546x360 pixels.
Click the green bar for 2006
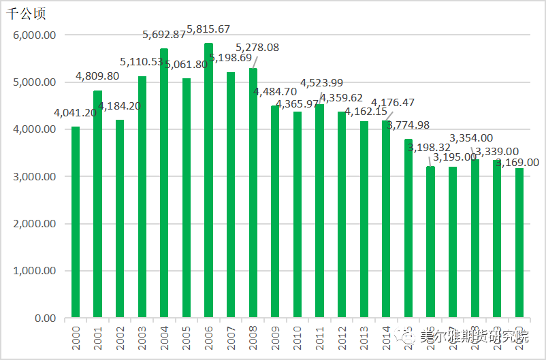tap(208, 180)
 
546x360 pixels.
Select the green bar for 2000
tap(75, 222)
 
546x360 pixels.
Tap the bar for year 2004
tap(164, 183)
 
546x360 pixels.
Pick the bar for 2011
tap(319, 211)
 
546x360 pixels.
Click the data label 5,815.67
tap(209, 29)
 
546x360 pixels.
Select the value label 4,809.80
tap(97, 76)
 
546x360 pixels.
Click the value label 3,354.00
tap(471, 137)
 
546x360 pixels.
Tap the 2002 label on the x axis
tap(120, 337)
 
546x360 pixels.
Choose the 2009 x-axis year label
tap(275, 337)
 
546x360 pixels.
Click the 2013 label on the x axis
tap(364, 337)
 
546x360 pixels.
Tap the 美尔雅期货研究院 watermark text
tap(474, 336)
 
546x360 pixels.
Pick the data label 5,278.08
tap(257, 48)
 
